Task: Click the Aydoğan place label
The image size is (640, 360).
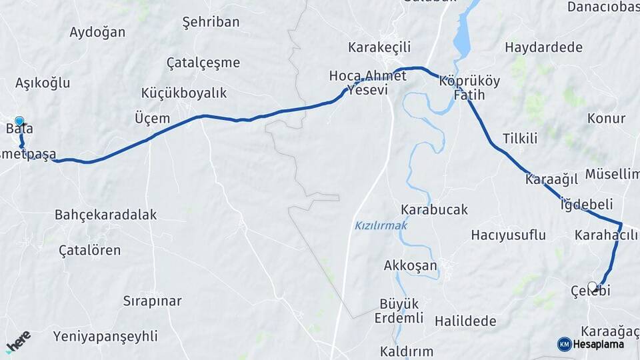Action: click(x=97, y=32)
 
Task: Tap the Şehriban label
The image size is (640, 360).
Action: click(x=211, y=22)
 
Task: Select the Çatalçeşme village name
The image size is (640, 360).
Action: click(x=203, y=63)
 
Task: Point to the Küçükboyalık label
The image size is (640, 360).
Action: click(x=184, y=93)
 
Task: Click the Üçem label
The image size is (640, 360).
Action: click(x=152, y=119)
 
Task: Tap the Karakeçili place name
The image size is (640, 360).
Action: click(x=379, y=47)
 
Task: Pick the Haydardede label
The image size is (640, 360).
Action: click(x=543, y=47)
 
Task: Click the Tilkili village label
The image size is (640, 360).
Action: click(x=520, y=139)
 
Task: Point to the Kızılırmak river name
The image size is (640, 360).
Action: click(x=381, y=226)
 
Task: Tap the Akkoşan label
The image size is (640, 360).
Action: click(x=410, y=266)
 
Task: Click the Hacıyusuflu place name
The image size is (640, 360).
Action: click(x=508, y=235)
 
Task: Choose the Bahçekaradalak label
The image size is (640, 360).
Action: click(x=105, y=215)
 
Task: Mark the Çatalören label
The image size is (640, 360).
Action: click(x=90, y=251)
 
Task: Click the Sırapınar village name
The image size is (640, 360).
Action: click(x=152, y=301)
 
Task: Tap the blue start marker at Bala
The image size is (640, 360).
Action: click(x=19, y=121)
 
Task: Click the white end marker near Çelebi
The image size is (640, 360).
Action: click(x=592, y=286)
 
